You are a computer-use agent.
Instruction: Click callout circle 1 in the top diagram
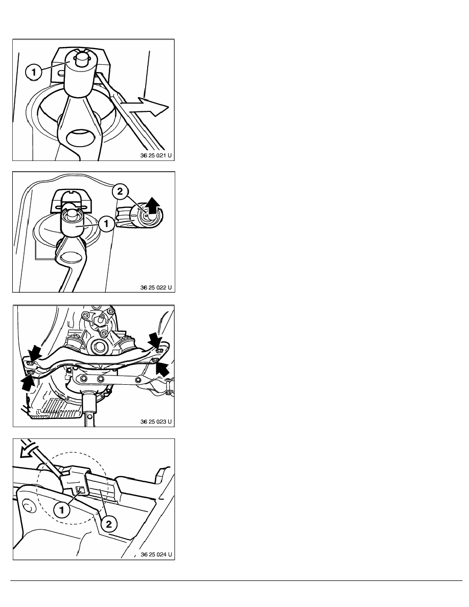(x=34, y=72)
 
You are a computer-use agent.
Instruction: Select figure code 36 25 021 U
(x=156, y=155)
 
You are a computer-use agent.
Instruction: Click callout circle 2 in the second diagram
(x=120, y=192)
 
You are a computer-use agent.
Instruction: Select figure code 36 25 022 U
(x=156, y=288)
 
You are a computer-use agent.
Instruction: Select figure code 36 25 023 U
(x=156, y=421)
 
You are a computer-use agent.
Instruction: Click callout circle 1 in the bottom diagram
(x=61, y=510)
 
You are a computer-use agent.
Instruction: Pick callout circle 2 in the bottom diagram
(x=109, y=524)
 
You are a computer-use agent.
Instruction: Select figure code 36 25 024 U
(x=156, y=554)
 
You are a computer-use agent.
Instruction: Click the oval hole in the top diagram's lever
(x=81, y=137)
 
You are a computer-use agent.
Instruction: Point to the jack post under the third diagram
(x=89, y=409)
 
